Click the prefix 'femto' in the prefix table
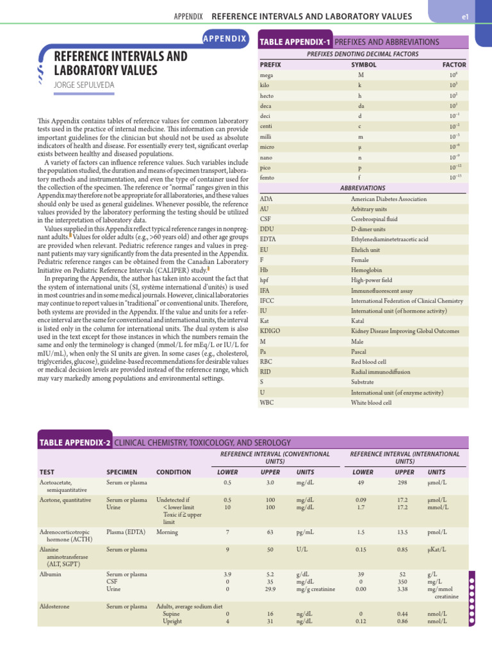coord(267,177)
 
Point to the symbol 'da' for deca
coord(361,106)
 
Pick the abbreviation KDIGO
coord(270,331)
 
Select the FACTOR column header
coord(454,65)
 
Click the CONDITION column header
coord(174,472)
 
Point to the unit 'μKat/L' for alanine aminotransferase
coord(438,549)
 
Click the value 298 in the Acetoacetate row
coord(403,482)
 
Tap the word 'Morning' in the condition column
coord(168,532)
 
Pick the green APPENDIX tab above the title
coord(224,38)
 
